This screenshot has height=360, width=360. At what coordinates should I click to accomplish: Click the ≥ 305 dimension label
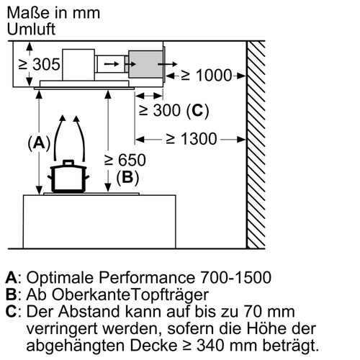point(39,64)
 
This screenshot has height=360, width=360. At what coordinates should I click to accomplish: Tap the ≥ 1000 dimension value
point(207,76)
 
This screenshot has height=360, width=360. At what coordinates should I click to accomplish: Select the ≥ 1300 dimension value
point(192,139)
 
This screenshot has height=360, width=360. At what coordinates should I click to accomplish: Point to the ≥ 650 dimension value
point(125,160)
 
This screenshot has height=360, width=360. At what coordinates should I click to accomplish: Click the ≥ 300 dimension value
point(160,110)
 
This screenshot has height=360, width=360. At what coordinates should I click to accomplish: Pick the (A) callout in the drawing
point(39,143)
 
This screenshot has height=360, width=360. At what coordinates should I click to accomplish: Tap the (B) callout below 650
point(127,178)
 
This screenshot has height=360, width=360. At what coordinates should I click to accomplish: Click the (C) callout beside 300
point(197,111)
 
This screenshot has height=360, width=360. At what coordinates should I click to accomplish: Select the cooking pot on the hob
point(68,176)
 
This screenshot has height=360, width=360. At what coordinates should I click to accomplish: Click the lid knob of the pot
point(68,163)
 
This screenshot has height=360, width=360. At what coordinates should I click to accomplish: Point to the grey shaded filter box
point(145,64)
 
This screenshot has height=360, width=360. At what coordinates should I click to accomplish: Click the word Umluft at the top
point(31,30)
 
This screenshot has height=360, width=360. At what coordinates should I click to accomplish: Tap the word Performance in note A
point(147,278)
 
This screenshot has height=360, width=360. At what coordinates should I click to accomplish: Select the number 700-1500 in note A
point(235,278)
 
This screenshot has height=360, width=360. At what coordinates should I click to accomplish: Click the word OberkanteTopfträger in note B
point(130,295)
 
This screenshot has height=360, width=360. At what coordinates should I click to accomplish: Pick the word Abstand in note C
point(89,312)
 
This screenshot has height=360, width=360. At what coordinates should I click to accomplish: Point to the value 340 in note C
point(211,346)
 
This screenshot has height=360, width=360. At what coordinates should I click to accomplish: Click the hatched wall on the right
point(256,145)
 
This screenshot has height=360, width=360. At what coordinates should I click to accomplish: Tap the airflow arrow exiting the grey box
point(167,64)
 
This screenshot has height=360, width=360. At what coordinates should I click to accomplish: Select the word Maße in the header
point(27,13)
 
